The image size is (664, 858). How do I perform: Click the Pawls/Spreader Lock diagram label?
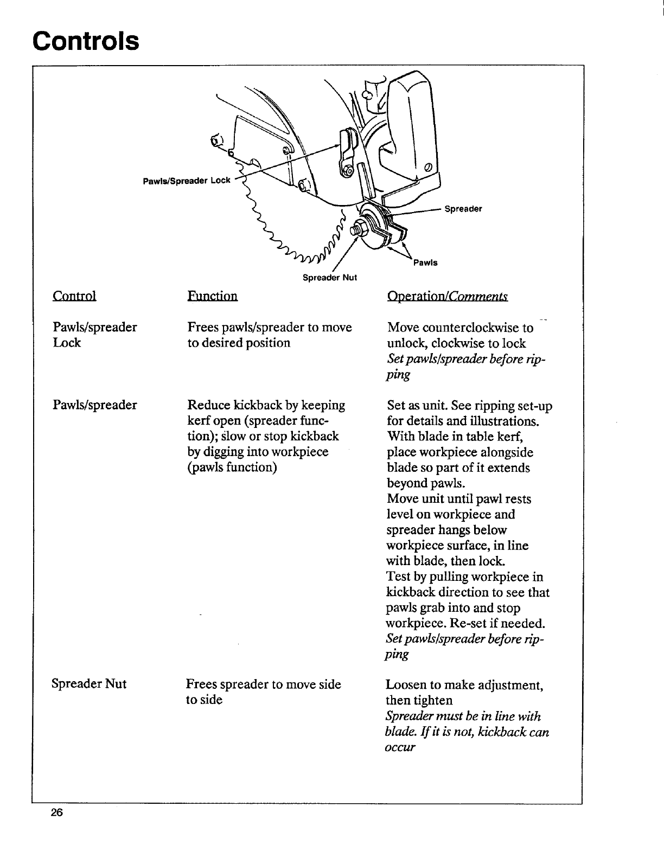coord(186,181)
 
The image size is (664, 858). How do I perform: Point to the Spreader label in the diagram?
coord(463,209)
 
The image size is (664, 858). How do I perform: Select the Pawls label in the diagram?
coord(425,263)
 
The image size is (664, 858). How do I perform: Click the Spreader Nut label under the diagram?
coord(329,278)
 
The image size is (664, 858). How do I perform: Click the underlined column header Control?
coord(74,296)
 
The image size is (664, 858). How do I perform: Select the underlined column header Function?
coord(212,296)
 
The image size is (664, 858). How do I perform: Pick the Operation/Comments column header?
coord(448,296)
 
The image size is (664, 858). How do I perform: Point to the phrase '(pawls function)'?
coord(232,468)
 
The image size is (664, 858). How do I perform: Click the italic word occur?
coord(400,747)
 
